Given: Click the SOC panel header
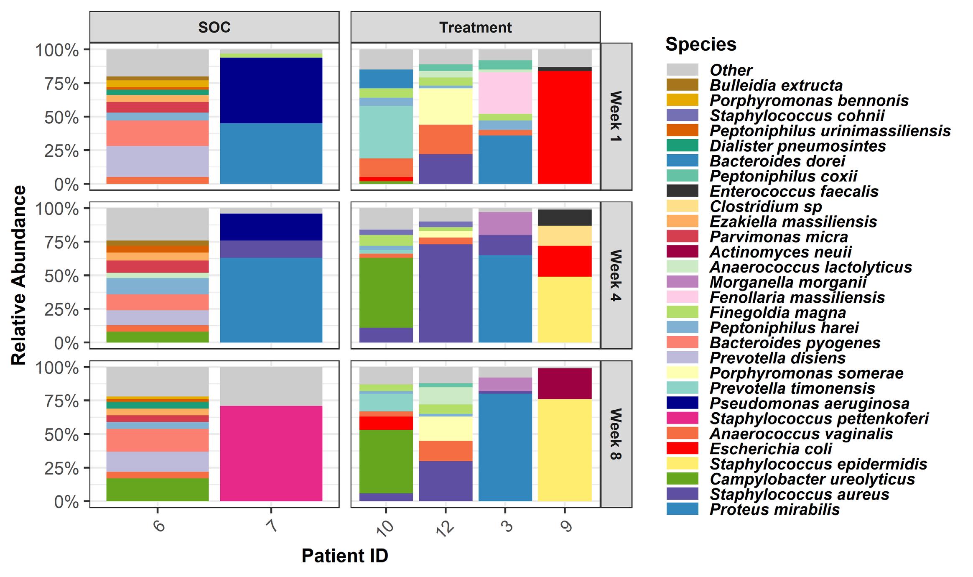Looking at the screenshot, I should [214, 28].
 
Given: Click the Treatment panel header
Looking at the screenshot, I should [475, 28].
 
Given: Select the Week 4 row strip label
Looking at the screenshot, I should [616, 275].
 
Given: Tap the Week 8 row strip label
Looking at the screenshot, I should [616, 434].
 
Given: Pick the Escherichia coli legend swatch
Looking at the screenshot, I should [682, 449].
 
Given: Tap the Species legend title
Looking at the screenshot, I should [700, 44].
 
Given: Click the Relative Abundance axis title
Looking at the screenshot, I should [19, 276].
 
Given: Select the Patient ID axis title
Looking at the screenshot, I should [345, 556].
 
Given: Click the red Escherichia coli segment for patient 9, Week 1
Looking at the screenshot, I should [565, 127].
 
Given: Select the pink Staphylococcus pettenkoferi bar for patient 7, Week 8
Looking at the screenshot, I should [271, 453].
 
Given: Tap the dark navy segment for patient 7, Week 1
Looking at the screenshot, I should [271, 90].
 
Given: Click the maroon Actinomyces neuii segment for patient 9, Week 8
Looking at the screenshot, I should [565, 384].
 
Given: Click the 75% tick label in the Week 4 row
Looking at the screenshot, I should [63, 243].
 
